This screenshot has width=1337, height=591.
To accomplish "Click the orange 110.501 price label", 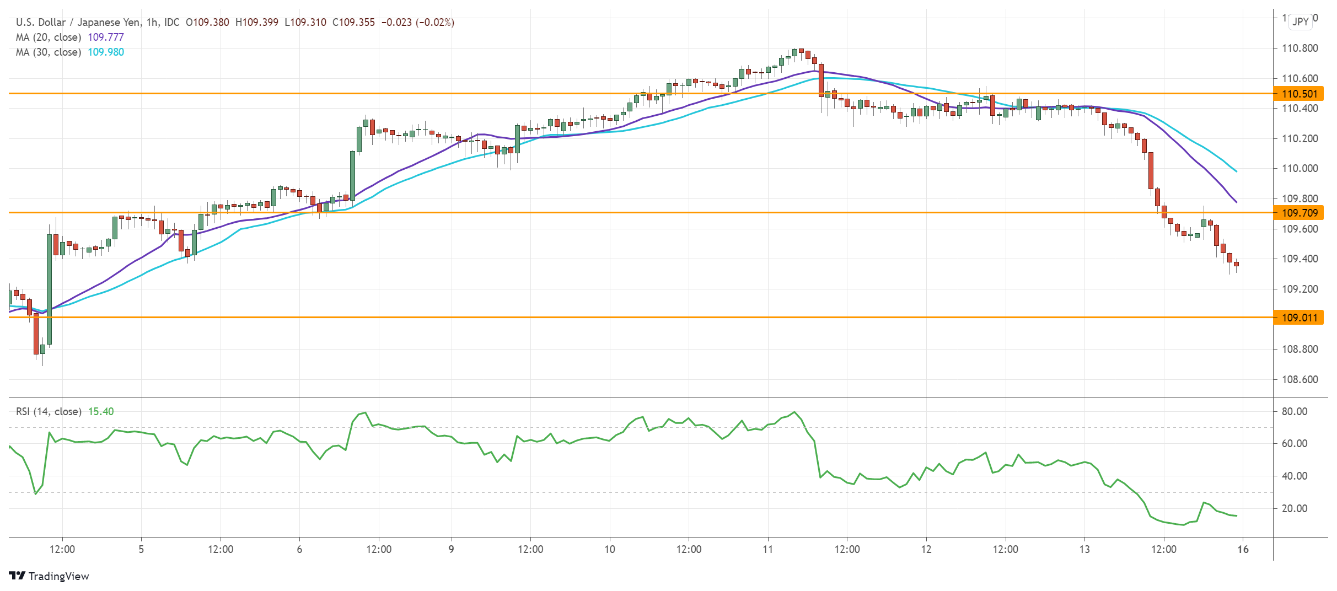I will click(x=1299, y=94).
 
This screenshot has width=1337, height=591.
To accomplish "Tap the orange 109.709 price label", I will click(x=1299, y=213).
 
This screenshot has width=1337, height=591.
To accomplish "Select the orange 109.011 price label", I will click(x=1299, y=318).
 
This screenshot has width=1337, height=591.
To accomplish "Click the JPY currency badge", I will click(x=1300, y=22).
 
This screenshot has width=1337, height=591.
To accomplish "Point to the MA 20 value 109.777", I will click(x=106, y=37).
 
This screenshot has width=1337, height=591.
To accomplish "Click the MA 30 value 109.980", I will click(x=106, y=52).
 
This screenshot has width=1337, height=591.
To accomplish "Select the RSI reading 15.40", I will click(x=101, y=411).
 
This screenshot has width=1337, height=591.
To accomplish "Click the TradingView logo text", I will click(x=58, y=576).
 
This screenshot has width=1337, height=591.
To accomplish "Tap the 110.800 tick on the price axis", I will click(x=1300, y=48).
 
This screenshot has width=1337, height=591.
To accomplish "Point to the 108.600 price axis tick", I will click(x=1300, y=379).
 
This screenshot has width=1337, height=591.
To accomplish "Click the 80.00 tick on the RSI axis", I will click(x=1294, y=411).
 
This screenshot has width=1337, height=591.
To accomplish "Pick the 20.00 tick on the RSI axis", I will click(x=1294, y=508).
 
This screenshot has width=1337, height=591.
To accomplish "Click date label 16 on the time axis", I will click(x=1243, y=549).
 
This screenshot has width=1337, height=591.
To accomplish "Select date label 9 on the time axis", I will click(x=451, y=549).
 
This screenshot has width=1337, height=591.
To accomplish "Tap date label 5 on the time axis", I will click(x=141, y=549).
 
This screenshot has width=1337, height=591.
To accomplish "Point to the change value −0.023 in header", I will click(x=396, y=22).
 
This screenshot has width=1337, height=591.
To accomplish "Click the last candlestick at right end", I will click(x=1236, y=264).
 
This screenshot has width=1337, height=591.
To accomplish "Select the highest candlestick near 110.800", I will click(x=801, y=51).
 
